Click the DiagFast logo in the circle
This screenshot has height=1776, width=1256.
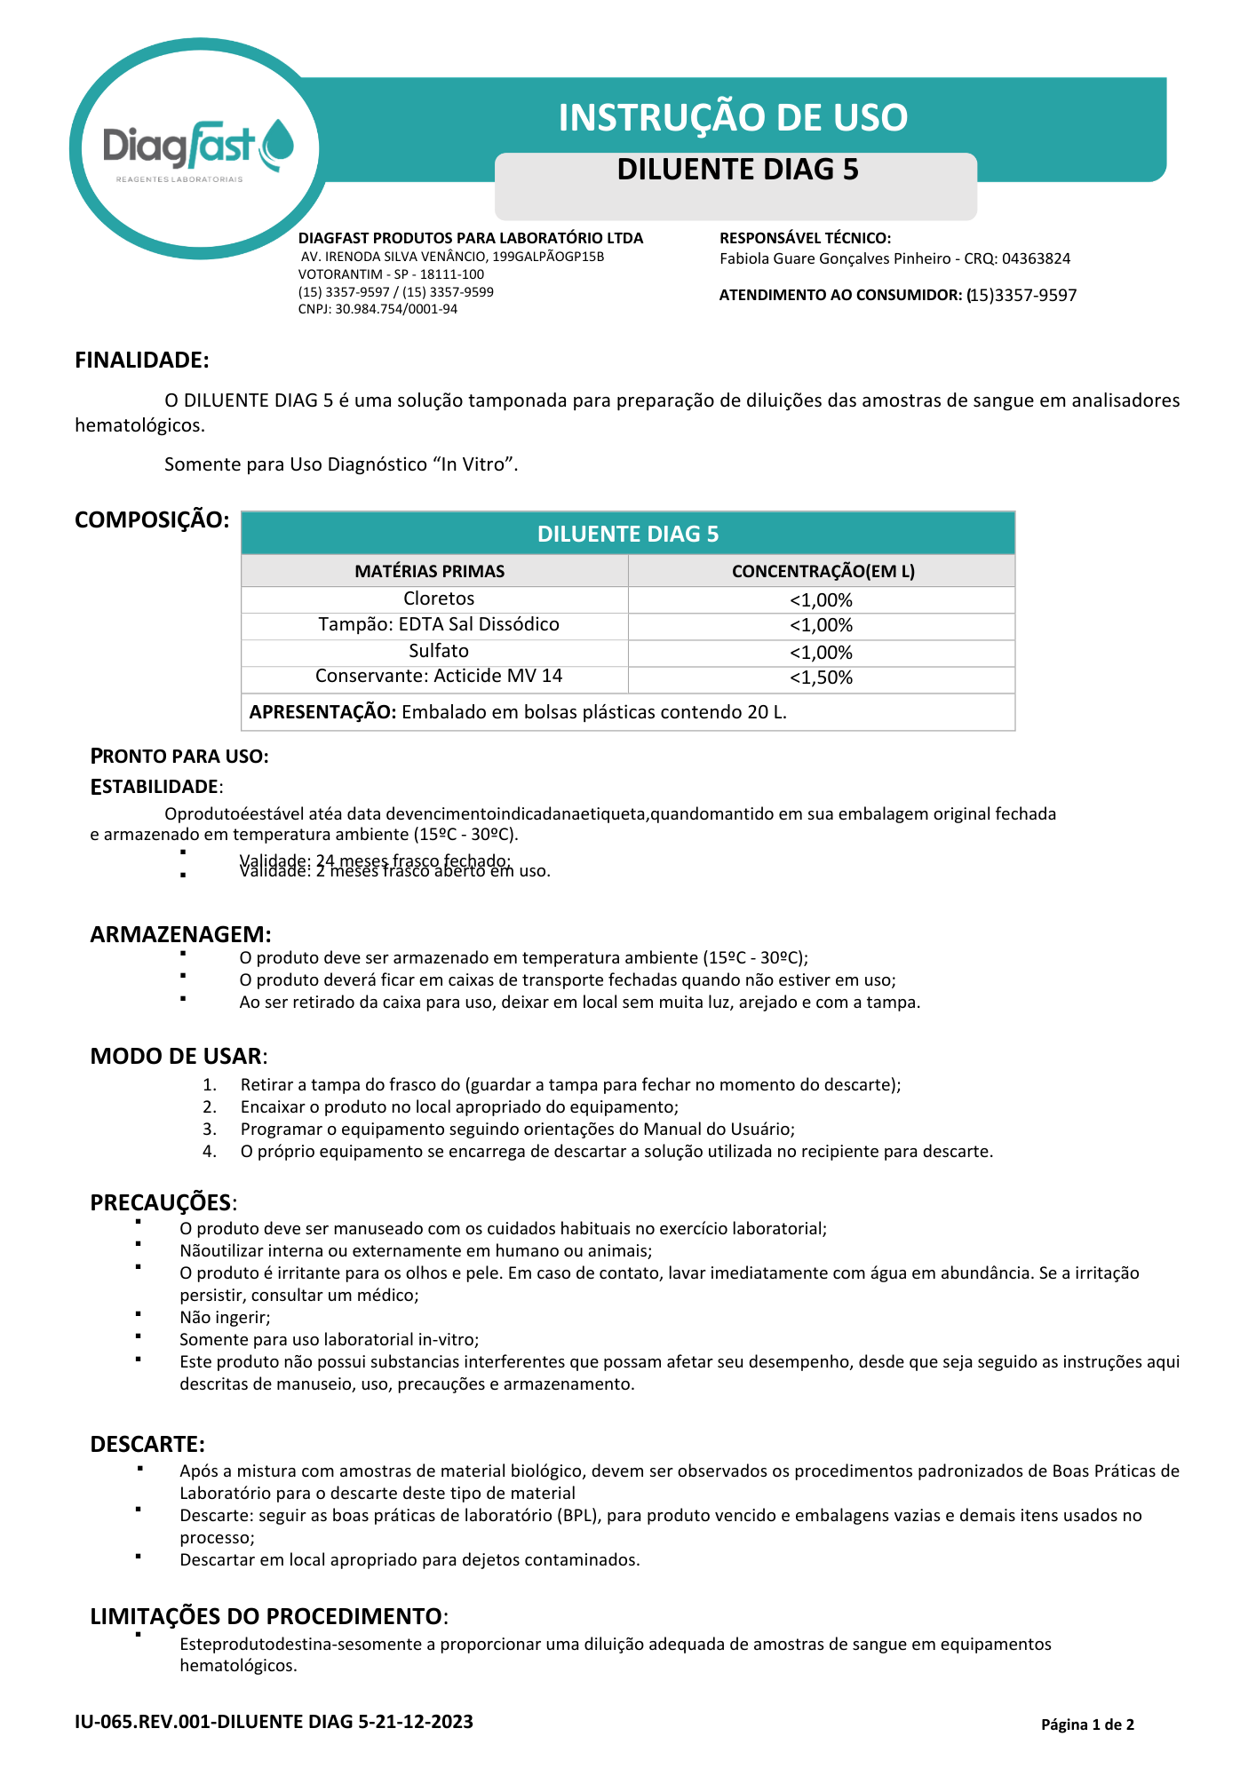(198, 149)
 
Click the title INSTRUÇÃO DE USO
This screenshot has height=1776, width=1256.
(733, 117)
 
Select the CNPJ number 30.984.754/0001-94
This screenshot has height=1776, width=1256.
(396, 309)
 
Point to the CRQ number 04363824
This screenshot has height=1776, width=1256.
(1036, 258)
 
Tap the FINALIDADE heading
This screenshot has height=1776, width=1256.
(142, 360)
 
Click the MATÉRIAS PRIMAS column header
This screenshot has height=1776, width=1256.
(430, 571)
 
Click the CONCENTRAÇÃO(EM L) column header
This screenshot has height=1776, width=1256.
(823, 571)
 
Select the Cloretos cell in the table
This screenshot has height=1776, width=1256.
(439, 599)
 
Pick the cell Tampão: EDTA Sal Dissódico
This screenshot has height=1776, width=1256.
(439, 624)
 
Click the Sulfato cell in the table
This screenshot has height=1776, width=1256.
(439, 651)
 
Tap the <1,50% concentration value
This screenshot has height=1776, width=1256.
(821, 678)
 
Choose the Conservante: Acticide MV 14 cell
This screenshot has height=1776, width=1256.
(439, 676)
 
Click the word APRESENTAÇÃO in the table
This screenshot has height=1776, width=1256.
(322, 712)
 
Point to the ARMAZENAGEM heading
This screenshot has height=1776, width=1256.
(180, 934)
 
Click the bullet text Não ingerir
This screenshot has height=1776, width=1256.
(225, 1317)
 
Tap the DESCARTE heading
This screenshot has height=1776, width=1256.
(147, 1444)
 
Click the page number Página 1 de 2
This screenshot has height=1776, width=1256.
(1087, 1724)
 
